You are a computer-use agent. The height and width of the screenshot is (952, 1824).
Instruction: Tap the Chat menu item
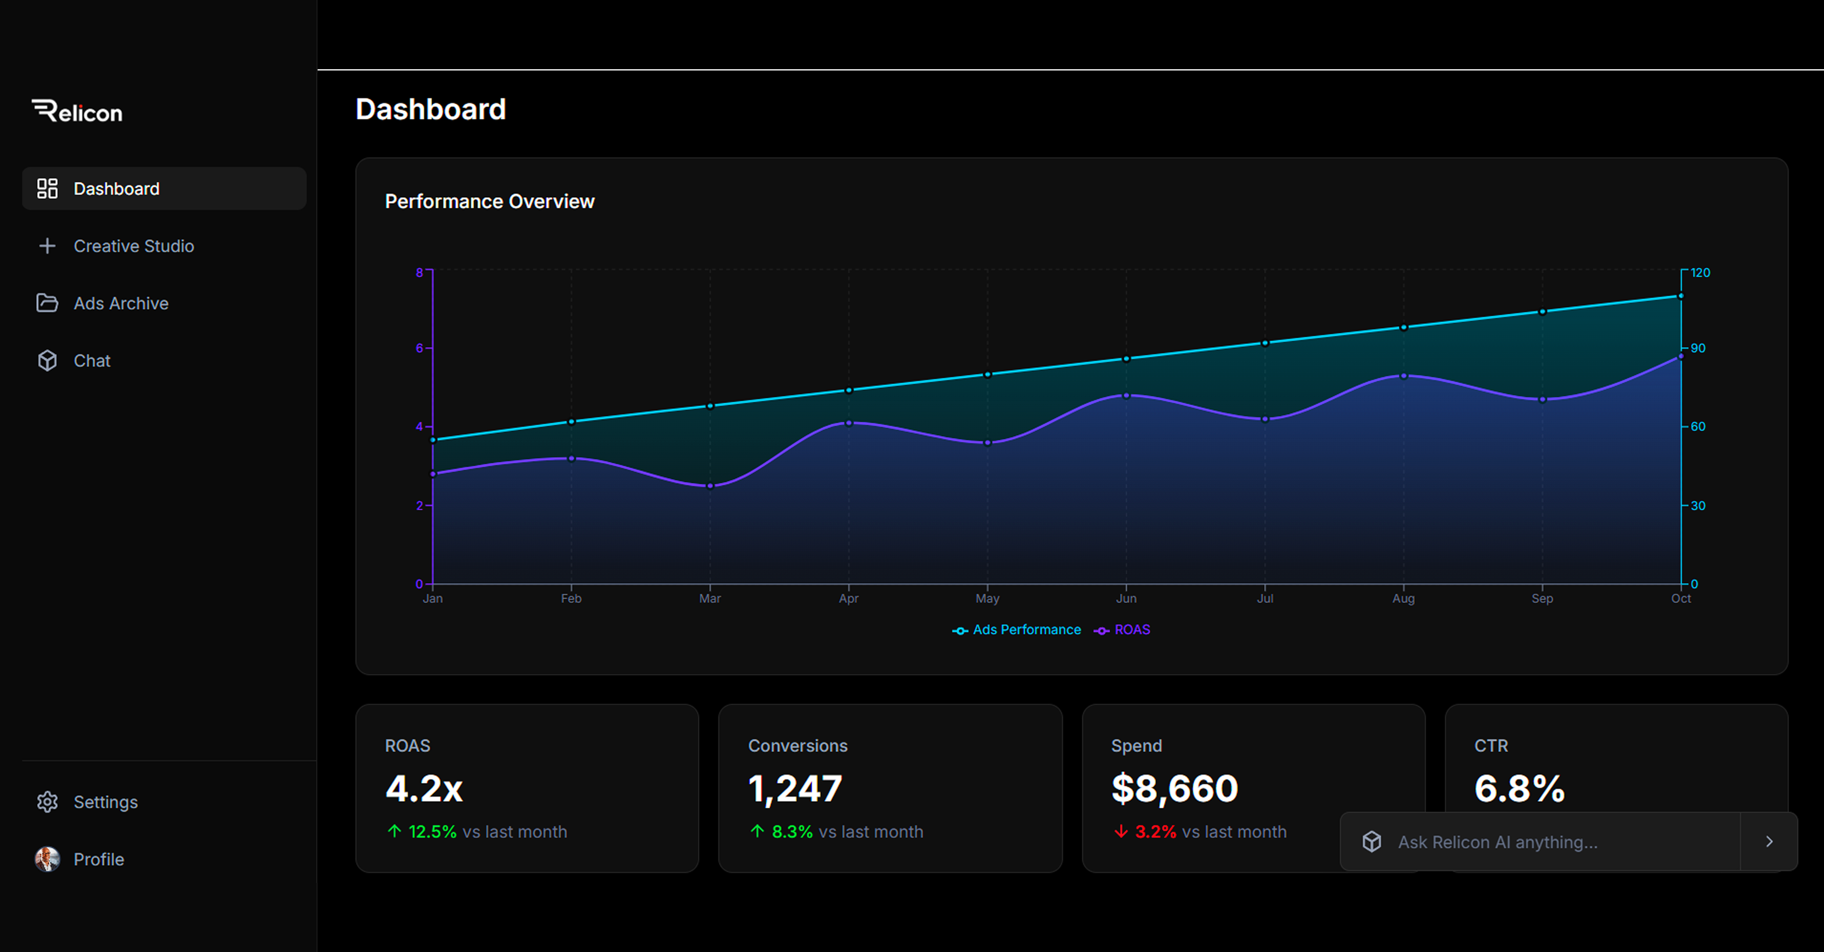(92, 360)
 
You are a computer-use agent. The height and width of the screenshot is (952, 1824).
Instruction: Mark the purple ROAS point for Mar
(710, 486)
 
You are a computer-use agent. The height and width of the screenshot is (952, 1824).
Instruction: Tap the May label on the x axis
(987, 598)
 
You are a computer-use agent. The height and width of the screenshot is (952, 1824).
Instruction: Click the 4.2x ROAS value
(424, 788)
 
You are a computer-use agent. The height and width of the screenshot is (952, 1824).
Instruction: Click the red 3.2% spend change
(1155, 831)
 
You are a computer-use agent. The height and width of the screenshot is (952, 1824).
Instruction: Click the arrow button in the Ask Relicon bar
(1769, 841)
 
